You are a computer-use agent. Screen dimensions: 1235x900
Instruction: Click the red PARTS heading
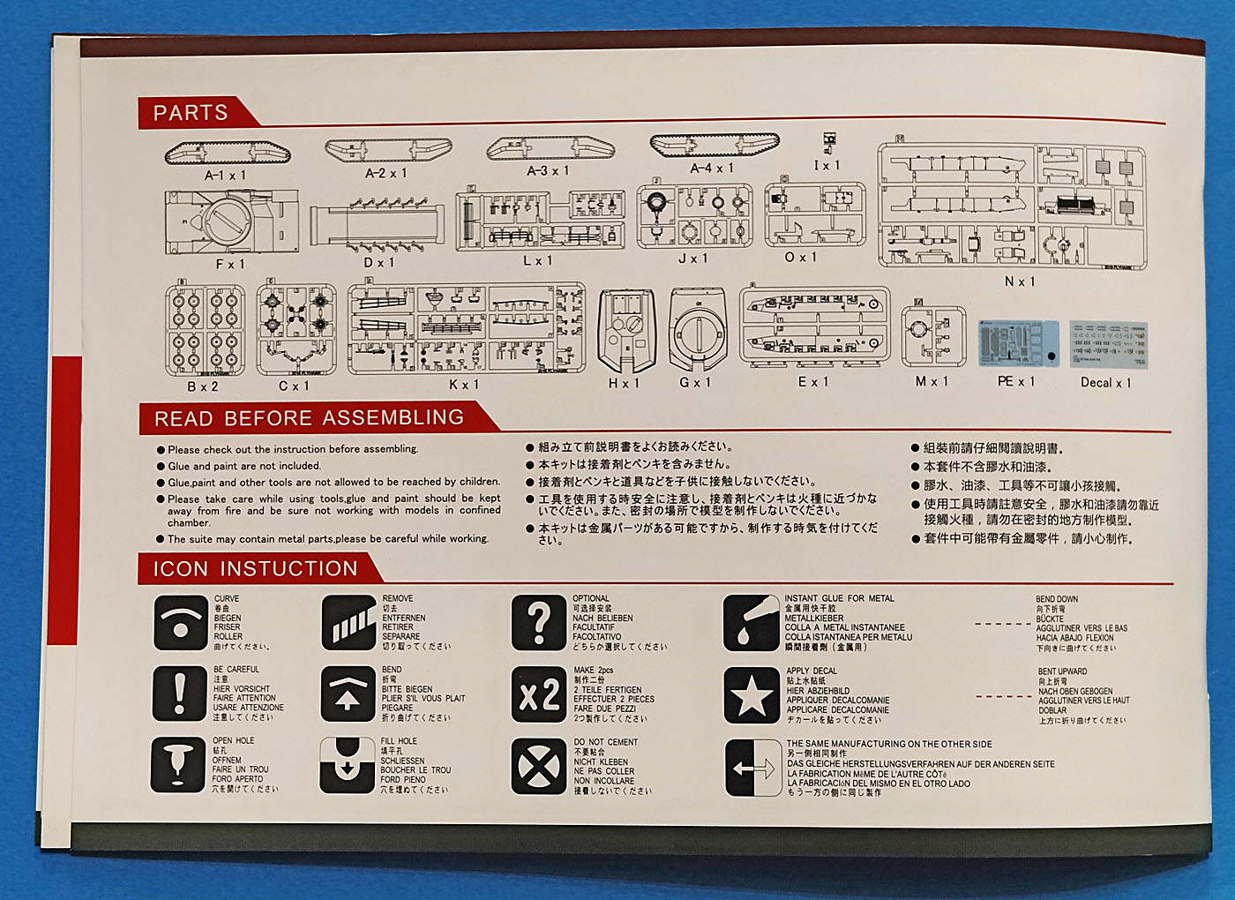pyautogui.click(x=191, y=113)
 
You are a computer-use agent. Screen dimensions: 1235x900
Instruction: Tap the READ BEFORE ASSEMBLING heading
pyautogui.click(x=309, y=418)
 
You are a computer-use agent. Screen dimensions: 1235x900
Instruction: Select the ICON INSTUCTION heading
pyautogui.click(x=256, y=569)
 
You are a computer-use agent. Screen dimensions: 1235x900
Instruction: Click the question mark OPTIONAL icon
pyautogui.click(x=538, y=623)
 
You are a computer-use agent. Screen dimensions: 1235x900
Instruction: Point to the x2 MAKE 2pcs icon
pyautogui.click(x=538, y=695)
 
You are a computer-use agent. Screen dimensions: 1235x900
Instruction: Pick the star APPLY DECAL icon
pyautogui.click(x=751, y=695)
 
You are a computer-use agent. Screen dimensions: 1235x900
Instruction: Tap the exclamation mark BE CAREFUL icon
pyautogui.click(x=180, y=693)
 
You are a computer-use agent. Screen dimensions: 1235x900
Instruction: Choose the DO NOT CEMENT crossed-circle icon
pyautogui.click(x=538, y=766)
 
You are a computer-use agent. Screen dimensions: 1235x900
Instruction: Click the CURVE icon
pyautogui.click(x=180, y=623)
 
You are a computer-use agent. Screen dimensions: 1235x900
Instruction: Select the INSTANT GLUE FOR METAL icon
pyautogui.click(x=751, y=623)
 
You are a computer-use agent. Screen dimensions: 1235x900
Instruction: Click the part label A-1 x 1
pyautogui.click(x=226, y=176)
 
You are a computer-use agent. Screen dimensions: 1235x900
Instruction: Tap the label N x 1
pyautogui.click(x=1020, y=281)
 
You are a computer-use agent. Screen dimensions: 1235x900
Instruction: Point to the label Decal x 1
pyautogui.click(x=1105, y=382)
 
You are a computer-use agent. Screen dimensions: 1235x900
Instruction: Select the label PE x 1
pyautogui.click(x=1016, y=381)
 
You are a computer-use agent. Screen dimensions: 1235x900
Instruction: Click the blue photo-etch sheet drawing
pyautogui.click(x=1018, y=344)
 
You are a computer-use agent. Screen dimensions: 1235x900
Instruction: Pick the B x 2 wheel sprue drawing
pyautogui.click(x=205, y=327)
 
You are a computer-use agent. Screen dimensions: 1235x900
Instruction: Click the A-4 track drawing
pyautogui.click(x=715, y=146)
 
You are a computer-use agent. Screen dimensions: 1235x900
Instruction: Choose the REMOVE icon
pyautogui.click(x=349, y=623)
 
